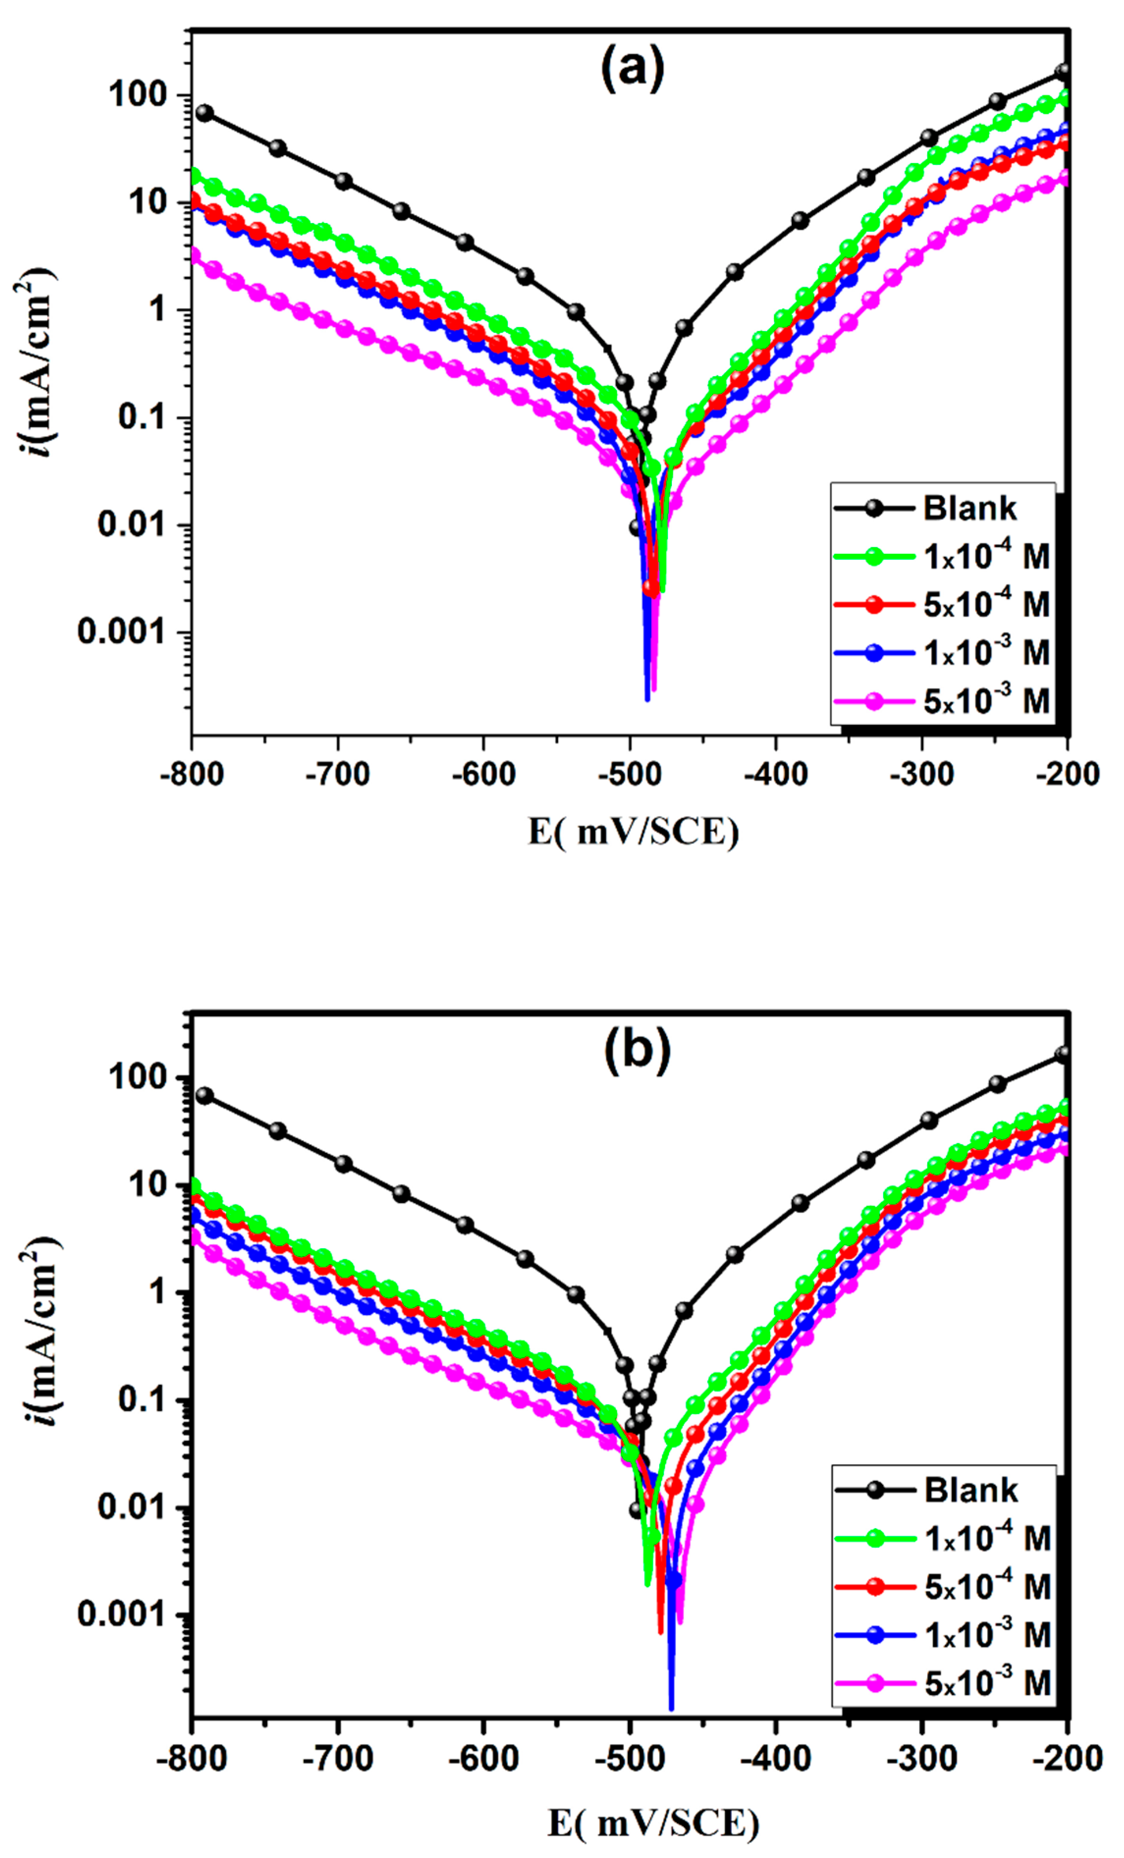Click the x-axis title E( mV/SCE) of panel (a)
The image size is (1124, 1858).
(x=633, y=832)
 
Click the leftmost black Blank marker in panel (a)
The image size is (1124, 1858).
(x=204, y=113)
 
